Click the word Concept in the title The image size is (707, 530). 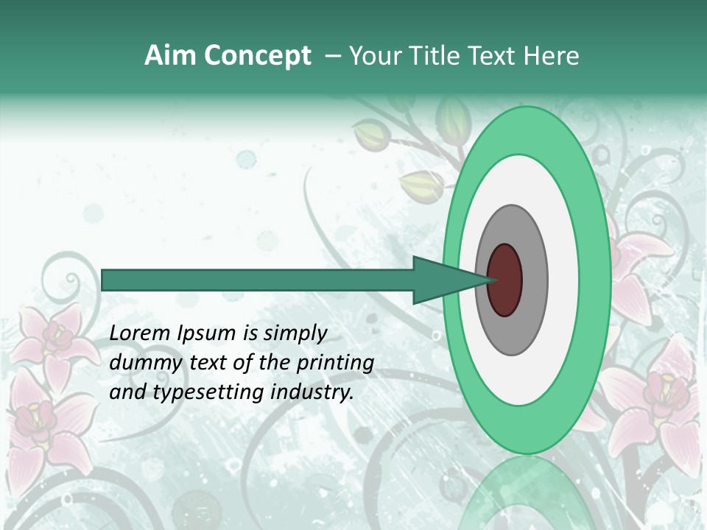pyautogui.click(x=258, y=56)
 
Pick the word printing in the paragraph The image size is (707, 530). pyautogui.click(x=335, y=364)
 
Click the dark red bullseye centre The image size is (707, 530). pyautogui.click(x=505, y=280)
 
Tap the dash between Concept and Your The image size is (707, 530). pyautogui.click(x=332, y=56)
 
